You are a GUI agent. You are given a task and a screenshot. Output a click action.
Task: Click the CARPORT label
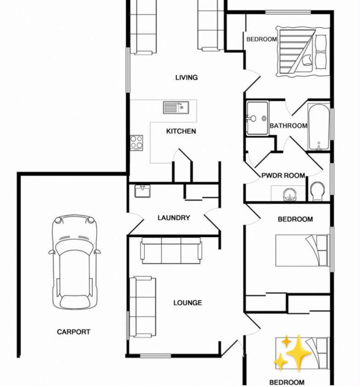click(74, 332)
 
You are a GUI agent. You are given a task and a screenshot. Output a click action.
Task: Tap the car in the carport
click(75, 262)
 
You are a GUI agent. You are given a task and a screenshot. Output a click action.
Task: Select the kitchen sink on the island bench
click(176, 108)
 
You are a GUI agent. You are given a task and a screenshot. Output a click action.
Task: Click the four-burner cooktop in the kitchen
click(136, 142)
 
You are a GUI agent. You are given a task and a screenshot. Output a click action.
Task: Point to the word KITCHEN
click(181, 131)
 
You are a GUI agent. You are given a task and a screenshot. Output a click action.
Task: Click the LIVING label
click(187, 78)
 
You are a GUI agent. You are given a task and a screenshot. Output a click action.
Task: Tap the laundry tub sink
click(142, 191)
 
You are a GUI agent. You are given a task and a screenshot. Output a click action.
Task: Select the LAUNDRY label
click(174, 218)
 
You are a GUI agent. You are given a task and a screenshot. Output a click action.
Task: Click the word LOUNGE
click(188, 303)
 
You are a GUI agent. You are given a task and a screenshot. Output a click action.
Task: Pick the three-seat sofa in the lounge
click(171, 250)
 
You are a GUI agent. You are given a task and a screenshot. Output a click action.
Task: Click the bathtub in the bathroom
click(319, 127)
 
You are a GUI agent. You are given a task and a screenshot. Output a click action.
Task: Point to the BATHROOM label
click(288, 125)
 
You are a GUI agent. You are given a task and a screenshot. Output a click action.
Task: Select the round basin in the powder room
click(289, 195)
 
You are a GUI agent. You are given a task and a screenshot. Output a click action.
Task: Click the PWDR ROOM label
click(283, 176)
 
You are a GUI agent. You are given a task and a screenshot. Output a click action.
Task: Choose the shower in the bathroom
click(258, 118)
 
